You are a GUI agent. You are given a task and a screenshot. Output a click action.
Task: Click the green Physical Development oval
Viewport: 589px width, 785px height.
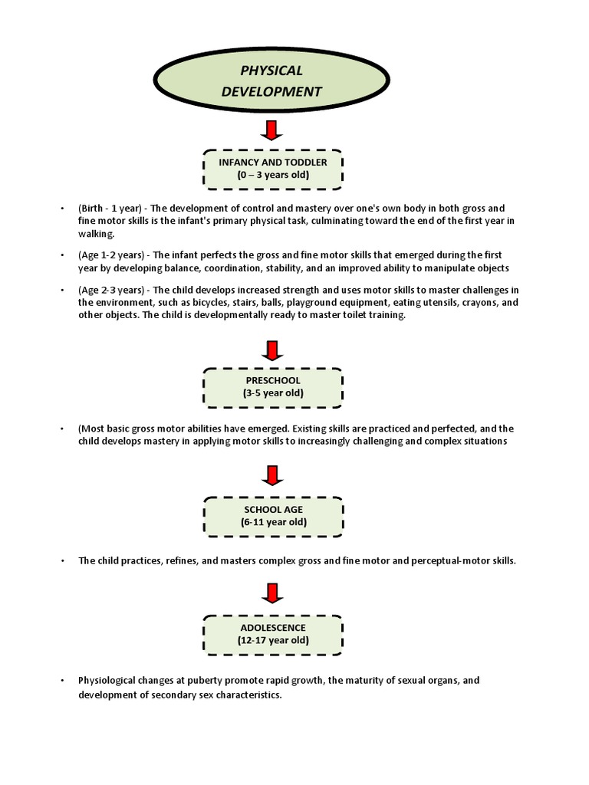[x=272, y=81]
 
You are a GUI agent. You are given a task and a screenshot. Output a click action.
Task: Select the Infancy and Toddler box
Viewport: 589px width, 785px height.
[x=272, y=169]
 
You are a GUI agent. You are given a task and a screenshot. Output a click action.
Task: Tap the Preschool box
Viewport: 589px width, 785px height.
[x=272, y=387]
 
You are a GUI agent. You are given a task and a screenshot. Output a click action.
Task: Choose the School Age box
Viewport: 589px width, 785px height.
[x=272, y=516]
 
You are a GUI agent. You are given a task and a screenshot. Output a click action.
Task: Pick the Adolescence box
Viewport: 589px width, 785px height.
[x=272, y=634]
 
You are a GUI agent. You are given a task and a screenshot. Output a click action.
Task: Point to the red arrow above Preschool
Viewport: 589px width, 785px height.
[x=272, y=350]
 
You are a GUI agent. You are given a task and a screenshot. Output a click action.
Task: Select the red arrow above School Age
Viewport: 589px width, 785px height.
[x=272, y=476]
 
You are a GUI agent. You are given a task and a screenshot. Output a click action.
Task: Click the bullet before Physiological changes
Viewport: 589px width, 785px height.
[x=61, y=680]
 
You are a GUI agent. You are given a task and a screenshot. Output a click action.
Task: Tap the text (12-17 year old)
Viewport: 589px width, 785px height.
[x=272, y=640]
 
